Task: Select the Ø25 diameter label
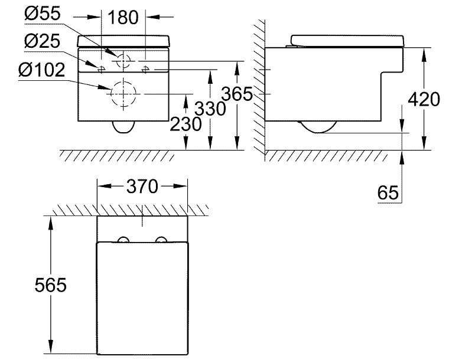tap(43, 42)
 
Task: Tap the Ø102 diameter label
tap(41, 70)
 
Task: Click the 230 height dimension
tap(185, 124)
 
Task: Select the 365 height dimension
tap(235, 93)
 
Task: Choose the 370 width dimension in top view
tap(142, 186)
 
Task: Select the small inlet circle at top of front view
tap(123, 60)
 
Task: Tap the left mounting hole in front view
tap(102, 69)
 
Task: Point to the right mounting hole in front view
tap(145, 69)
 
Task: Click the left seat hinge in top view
tap(123, 240)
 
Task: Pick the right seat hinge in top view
tap(161, 240)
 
